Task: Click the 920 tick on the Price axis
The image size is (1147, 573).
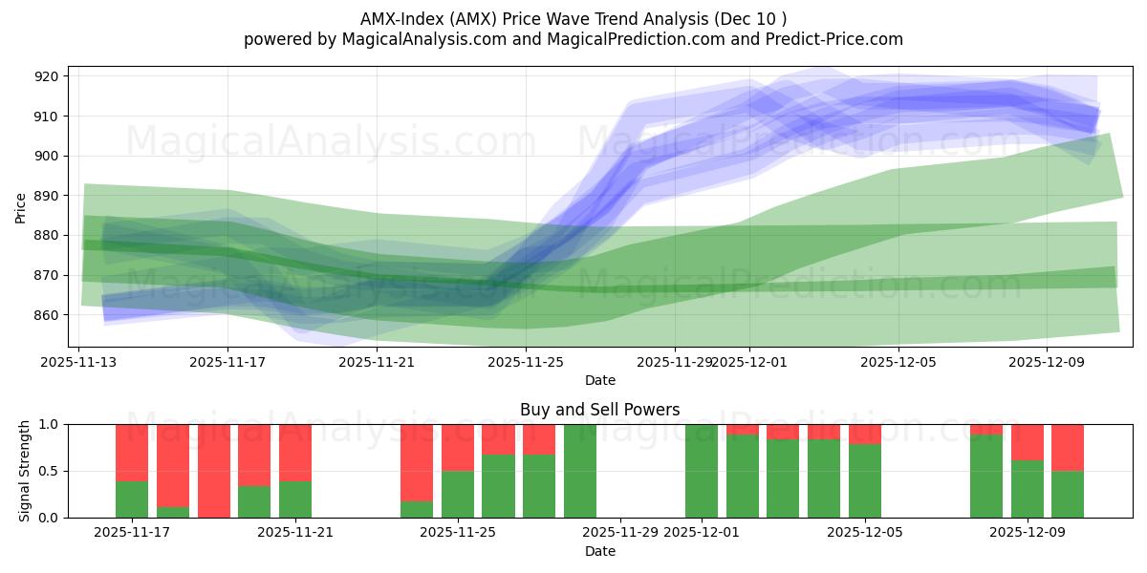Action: pos(47,76)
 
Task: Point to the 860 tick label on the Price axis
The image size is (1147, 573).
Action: pos(47,315)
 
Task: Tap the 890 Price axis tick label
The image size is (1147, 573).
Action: pos(47,196)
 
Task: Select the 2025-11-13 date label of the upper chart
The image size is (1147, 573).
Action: pos(78,362)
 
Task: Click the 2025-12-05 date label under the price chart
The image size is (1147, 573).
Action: pos(898,362)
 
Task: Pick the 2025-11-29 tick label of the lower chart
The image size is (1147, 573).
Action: pos(620,532)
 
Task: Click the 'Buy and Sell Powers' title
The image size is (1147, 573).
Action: pos(599,410)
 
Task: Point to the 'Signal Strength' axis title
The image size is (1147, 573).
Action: pos(25,471)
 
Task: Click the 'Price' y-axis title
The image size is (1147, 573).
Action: pos(22,206)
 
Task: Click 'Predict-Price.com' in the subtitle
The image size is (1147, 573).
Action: pos(832,39)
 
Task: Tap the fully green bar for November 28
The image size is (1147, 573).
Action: pos(580,471)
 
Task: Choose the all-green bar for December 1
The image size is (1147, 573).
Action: pos(702,471)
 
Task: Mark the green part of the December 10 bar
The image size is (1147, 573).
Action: pos(1068,495)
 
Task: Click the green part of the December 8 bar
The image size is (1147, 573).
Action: pos(986,477)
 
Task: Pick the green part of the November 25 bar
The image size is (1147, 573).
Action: pos(458,495)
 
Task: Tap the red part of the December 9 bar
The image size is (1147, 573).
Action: pos(1028,442)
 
